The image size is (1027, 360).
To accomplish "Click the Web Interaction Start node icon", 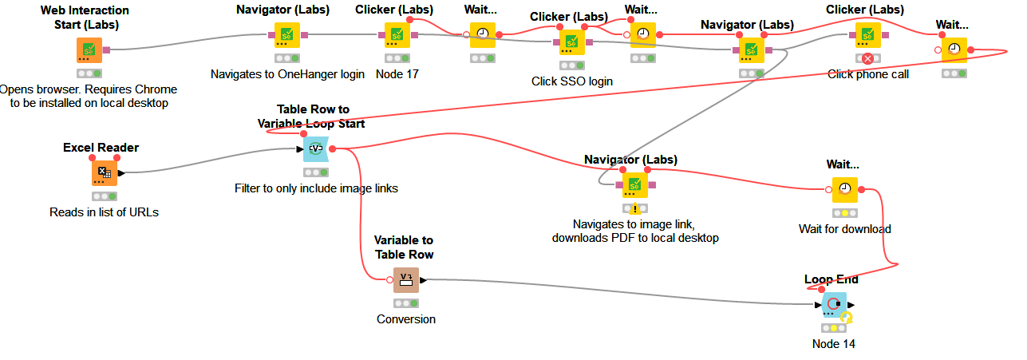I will pos(89,49).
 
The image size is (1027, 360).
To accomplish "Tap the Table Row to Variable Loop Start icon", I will pos(315,148).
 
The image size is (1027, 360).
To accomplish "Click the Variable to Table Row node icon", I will pos(405,279).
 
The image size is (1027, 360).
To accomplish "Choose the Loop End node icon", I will pos(834,304).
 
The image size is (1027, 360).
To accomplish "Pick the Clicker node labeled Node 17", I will pos(397,34).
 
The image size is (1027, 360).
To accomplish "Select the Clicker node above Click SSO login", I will pos(571,42).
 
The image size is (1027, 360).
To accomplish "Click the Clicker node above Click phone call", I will pos(867,34).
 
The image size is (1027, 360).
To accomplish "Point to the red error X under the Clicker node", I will pos(867,58).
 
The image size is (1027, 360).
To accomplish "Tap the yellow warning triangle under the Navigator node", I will pos(635,209).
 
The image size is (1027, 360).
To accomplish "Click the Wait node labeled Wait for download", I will pos(845,189).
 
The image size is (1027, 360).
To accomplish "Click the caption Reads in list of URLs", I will pos(104,212).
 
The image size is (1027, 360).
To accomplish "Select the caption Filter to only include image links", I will pos(316,188).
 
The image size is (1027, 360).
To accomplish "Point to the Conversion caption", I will pos(406,319).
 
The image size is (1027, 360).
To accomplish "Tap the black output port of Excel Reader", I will pos(121,172).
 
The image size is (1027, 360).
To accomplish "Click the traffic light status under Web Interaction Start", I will pos(89,73).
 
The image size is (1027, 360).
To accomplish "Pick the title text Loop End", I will pos(831,279).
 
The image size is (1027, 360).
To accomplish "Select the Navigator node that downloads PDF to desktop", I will pos(635,185).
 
